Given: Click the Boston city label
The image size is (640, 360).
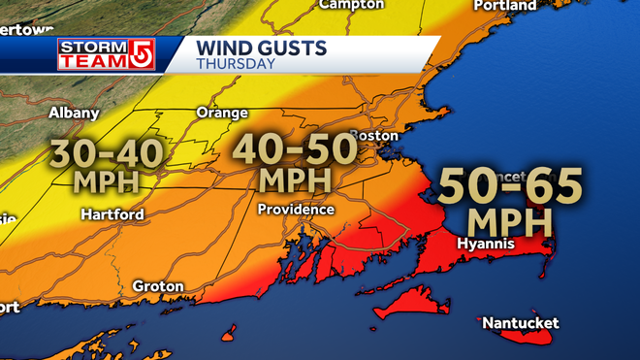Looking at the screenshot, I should (374, 135).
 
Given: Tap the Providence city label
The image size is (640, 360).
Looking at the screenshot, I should (296, 210).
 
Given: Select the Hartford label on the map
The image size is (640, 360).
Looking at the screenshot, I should (112, 213).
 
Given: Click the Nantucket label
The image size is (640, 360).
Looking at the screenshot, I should (520, 322).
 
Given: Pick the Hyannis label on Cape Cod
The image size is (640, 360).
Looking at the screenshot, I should (485, 244).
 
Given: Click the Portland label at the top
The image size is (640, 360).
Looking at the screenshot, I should (504, 6).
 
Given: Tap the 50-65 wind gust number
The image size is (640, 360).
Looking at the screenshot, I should (510, 184).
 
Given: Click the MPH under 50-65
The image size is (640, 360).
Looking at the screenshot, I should (510, 219).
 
